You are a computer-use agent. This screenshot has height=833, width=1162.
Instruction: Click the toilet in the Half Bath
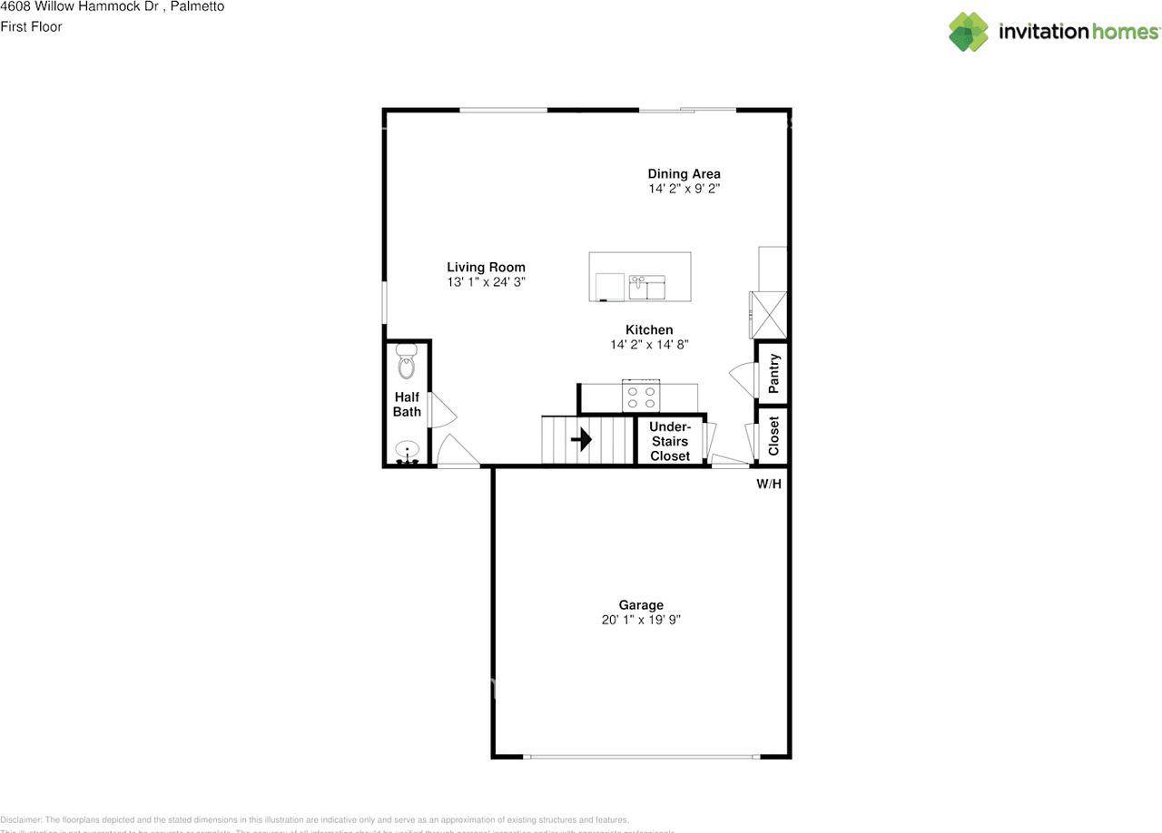(x=406, y=364)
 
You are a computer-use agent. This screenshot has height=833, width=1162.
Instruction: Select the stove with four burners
(x=640, y=397)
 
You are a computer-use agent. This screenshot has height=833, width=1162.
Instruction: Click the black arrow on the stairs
(x=581, y=440)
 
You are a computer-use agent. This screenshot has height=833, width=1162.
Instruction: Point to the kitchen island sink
(x=647, y=287)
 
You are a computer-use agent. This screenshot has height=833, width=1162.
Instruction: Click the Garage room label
(x=641, y=605)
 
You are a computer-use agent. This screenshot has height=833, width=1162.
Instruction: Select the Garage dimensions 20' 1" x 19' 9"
(x=641, y=621)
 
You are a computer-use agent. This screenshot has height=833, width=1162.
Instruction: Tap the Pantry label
(x=773, y=373)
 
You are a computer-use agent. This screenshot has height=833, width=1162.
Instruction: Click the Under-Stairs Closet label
(x=669, y=442)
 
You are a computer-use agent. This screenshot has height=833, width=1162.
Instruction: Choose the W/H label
(x=769, y=485)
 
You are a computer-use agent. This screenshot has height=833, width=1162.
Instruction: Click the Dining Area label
(x=684, y=174)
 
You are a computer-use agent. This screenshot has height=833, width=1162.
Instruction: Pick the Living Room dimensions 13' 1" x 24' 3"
(x=486, y=282)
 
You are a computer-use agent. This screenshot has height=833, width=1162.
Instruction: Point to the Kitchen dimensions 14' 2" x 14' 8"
(x=649, y=345)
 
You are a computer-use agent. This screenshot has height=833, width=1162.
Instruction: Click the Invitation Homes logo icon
(x=969, y=32)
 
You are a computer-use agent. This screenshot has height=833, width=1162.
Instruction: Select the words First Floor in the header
(x=32, y=27)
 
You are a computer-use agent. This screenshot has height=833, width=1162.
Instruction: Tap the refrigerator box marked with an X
(x=768, y=315)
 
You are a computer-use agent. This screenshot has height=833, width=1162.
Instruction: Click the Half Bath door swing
(x=442, y=410)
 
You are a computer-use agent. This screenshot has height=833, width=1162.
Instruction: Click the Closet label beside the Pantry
(x=773, y=436)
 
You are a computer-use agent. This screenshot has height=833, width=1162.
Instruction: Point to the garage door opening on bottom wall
(x=641, y=756)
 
